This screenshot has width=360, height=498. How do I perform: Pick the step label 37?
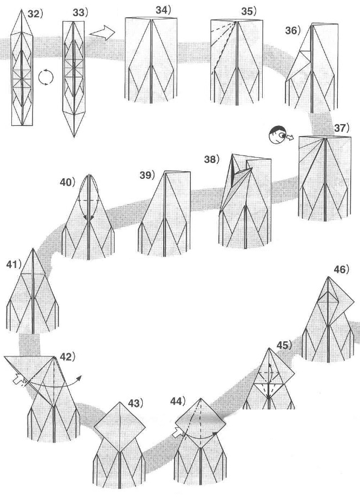coord(342,129)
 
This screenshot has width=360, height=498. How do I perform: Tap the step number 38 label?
coord(212,159)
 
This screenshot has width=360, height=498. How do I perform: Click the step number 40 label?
coord(68,182)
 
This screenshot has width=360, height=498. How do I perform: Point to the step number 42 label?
coord(66,357)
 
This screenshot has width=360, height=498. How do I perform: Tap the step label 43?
coord(135,403)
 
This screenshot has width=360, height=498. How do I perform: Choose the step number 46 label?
coord(341,268)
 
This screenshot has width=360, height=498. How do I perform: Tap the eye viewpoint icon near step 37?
coord(278,134)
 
